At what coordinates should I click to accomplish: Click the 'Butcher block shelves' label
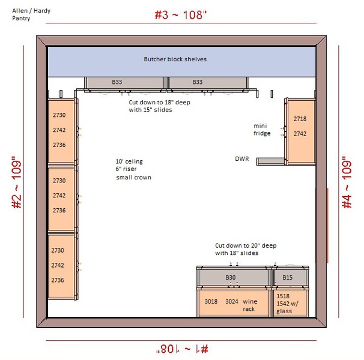pos(175,59)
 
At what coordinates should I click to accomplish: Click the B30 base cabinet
pos(234,277)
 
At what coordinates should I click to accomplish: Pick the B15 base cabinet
pos(290,277)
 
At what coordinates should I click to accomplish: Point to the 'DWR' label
pos(242,159)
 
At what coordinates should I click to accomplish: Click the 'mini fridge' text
pos(262,130)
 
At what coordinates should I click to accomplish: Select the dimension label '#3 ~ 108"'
pos(180,15)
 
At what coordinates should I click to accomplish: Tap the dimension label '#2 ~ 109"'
pos(17,182)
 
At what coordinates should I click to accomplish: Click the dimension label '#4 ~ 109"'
pos(347,181)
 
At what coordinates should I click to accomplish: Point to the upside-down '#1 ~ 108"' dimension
pos(182,349)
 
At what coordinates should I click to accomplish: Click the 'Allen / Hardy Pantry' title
pos(31,14)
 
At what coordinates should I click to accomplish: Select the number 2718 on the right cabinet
pos(300,119)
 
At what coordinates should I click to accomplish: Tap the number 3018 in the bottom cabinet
pos(211,301)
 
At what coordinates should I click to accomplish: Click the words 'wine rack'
pos(250,305)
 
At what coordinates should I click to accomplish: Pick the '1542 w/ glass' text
pos(287,307)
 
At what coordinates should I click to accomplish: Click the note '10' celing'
pos(129,161)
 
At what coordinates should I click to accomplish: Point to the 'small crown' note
pos(134,178)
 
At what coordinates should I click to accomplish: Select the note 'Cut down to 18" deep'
pos(160,102)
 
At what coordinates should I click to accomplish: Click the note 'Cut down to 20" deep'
pos(246,245)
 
